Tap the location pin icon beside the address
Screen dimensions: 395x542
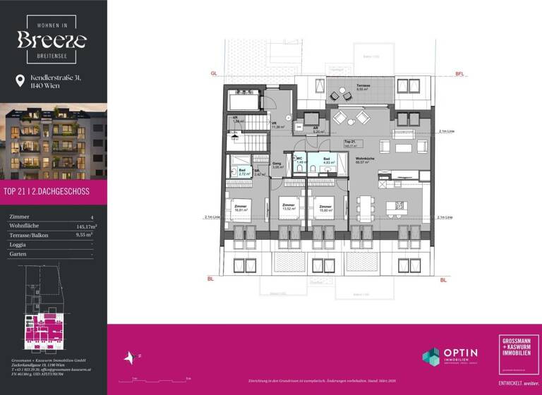point(20,81)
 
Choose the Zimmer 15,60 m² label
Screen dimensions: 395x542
point(324,208)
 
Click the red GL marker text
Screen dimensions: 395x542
point(213,74)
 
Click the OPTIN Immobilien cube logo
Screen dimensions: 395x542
point(431,356)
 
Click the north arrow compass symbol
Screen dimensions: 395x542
point(130,358)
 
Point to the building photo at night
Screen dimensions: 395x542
point(54,141)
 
